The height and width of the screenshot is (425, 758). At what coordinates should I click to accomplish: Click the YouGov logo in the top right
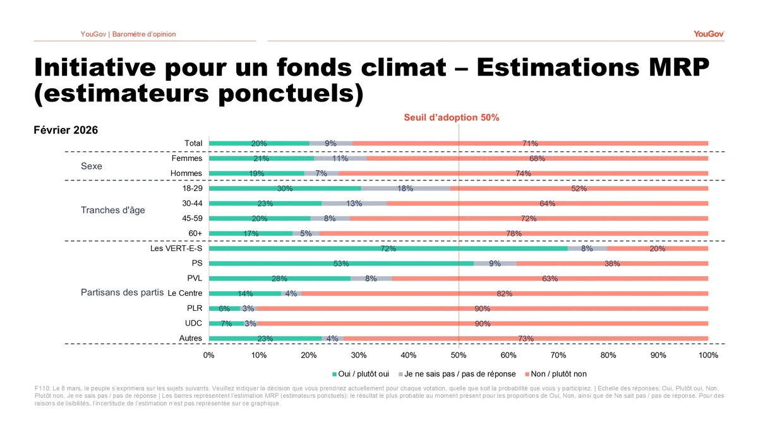coord(708,33)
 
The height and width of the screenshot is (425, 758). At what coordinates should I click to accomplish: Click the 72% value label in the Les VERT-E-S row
coord(388,249)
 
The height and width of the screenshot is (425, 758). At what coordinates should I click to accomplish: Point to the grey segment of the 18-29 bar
coord(406,189)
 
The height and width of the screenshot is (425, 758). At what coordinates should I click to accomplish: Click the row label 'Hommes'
coord(186,173)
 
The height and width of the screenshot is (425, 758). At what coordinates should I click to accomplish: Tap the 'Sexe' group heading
coord(92,167)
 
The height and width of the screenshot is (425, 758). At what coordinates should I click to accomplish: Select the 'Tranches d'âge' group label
coord(112,210)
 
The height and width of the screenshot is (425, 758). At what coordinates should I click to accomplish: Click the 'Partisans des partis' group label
coord(122,293)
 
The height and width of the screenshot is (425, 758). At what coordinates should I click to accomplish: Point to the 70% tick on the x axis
coord(558,355)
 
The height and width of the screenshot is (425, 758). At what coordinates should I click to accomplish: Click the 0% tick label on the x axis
coord(209,355)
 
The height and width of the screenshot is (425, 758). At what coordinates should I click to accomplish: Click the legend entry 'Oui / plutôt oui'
coord(362,374)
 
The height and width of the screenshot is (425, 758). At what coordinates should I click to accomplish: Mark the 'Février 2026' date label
coord(66,130)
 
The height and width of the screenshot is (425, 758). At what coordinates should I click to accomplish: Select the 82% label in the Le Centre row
coord(504,294)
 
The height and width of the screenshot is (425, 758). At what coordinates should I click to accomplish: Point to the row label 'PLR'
coord(195,308)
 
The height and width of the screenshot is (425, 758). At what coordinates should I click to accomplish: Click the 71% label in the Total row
coord(530,144)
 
